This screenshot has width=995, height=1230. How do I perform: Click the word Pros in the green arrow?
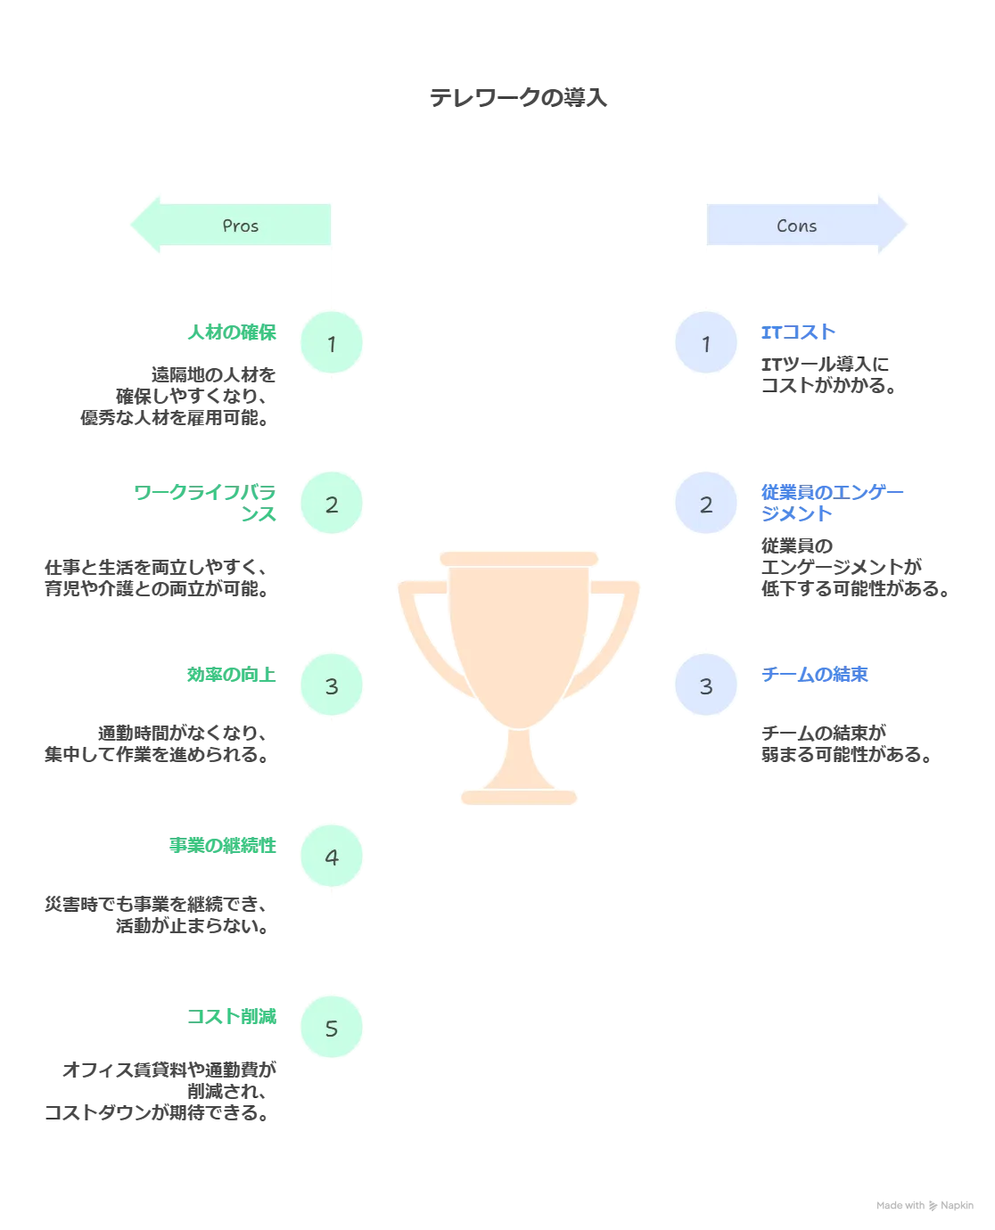click(x=240, y=226)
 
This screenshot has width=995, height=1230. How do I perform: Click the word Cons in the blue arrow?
click(x=796, y=226)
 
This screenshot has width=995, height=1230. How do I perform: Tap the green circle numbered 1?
click(x=332, y=343)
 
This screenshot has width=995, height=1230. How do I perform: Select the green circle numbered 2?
click(x=332, y=504)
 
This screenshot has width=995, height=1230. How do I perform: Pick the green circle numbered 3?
click(x=332, y=685)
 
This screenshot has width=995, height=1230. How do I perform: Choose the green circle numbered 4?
click(x=332, y=857)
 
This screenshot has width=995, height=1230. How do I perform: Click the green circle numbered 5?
click(x=332, y=1029)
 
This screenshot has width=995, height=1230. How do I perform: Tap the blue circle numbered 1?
click(x=706, y=343)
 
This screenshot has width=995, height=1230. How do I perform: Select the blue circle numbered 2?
click(x=706, y=504)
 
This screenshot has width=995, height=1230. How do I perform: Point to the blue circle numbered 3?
click(x=706, y=685)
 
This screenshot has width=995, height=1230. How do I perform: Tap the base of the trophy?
click(x=520, y=796)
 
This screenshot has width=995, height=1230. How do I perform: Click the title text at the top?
click(x=519, y=96)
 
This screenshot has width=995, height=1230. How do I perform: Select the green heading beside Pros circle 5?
click(x=232, y=1016)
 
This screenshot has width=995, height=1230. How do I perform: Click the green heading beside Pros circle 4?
click(x=221, y=845)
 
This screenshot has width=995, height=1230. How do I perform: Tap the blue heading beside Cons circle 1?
click(x=799, y=332)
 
